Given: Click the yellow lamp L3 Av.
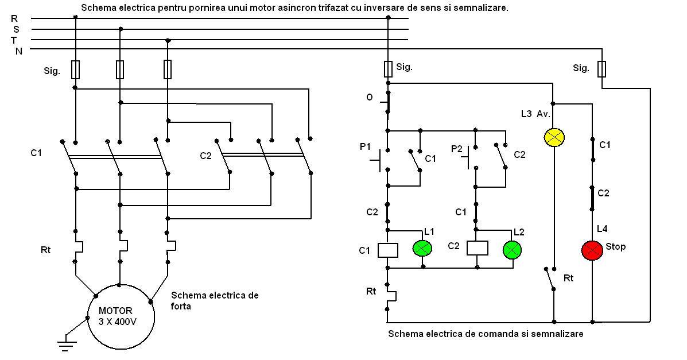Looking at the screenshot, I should point(554,137).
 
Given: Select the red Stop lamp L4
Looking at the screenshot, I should point(592,250).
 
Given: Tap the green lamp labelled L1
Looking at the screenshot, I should point(422,248).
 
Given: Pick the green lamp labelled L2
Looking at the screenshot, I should point(511,249).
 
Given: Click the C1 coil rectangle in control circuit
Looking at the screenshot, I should point(388,250).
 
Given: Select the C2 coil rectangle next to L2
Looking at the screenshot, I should point(477,247).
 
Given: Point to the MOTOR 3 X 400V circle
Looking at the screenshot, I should point(120,316).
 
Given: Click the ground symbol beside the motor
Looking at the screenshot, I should point(67,344).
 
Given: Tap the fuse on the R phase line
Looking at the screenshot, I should point(75,69).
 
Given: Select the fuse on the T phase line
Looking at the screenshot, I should point(168,69).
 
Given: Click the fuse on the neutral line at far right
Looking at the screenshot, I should point(601,69).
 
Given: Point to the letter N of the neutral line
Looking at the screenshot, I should point(18,51).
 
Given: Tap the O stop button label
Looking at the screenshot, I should point(370,98).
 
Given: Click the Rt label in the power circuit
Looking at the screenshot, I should point(45,250).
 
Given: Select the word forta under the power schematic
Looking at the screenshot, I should point(181,307).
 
